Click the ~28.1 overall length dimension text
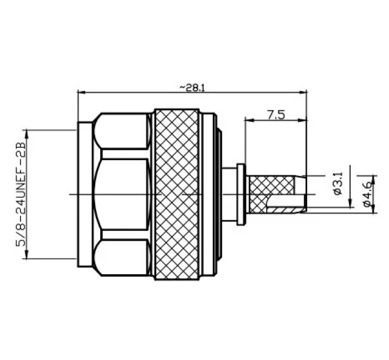[192, 87]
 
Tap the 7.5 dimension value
[276, 115]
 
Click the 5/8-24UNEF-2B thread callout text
[21, 194]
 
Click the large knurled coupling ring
[177, 194]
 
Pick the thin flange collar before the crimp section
[241, 194]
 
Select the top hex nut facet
[122, 131]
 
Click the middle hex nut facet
[122, 194]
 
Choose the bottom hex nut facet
[122, 258]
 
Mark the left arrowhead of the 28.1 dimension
[82, 93]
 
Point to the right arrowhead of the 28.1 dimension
[303, 93]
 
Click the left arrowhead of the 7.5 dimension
[249, 120]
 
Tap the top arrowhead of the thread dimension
[27, 134]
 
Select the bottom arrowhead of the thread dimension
[27, 255]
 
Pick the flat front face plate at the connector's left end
[85, 194]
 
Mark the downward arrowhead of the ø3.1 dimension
[350, 203]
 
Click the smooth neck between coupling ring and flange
[229, 194]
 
